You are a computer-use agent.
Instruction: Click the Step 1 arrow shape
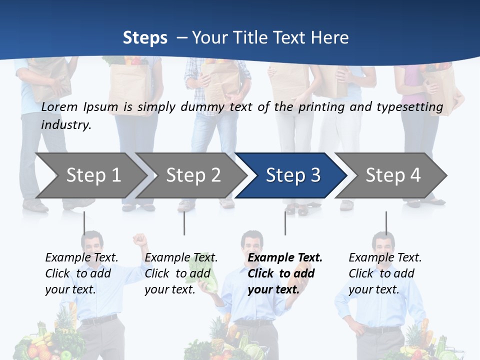(x=90, y=175)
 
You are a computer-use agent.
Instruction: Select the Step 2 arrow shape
(x=193, y=175)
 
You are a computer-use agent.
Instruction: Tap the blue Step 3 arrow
(x=293, y=175)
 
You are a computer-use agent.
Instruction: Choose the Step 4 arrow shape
(x=393, y=175)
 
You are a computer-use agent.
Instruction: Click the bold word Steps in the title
(x=145, y=37)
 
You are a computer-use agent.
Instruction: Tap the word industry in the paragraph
(x=65, y=124)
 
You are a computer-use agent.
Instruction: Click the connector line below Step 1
(x=84, y=223)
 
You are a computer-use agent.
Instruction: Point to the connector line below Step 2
(x=184, y=223)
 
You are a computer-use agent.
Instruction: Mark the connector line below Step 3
(x=285, y=223)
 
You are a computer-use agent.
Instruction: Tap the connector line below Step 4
(x=386, y=223)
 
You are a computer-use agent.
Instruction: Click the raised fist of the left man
(x=140, y=239)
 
